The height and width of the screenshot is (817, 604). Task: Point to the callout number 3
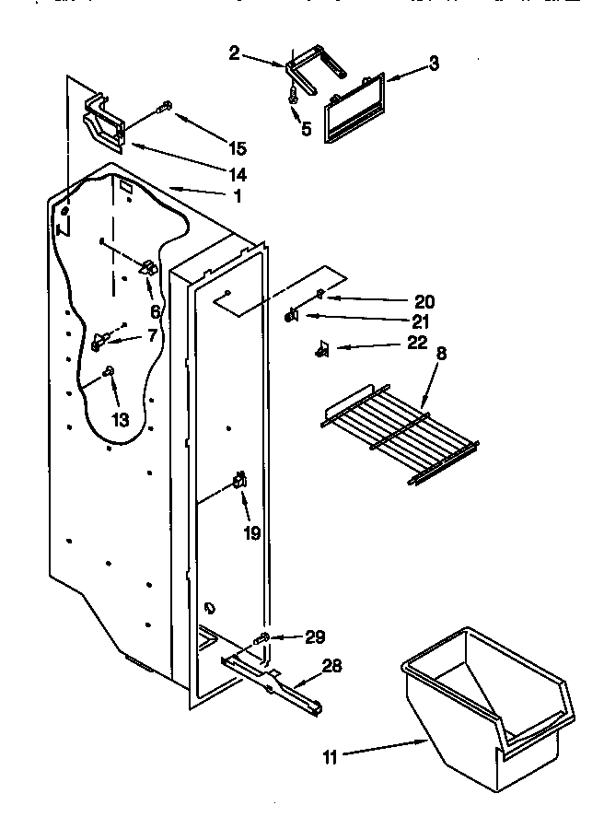pos(434,64)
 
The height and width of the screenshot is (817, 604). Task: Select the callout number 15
pos(237,147)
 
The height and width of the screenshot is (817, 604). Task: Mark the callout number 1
pos(237,195)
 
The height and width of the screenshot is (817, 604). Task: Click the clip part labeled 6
pos(147,268)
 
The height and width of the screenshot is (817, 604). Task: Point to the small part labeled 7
pos(98,342)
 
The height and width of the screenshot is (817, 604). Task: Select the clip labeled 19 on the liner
pos(239,480)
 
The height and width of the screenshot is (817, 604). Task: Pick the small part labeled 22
pos(321,348)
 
